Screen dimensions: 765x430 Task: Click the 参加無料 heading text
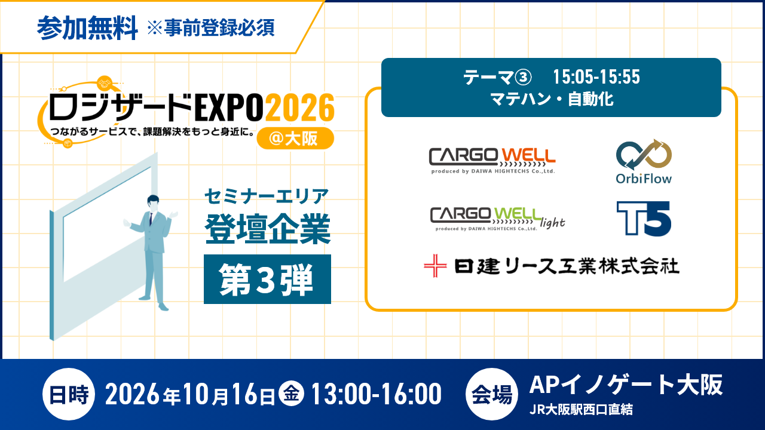87,27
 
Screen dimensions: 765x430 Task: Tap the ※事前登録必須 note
211,27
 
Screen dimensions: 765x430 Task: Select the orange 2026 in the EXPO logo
299,107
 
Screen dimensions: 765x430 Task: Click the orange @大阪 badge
295,138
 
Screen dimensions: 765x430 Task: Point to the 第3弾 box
267,279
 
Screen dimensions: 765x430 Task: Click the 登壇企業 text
267,229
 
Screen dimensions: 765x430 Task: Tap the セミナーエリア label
267,196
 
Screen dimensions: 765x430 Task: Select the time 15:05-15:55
596,77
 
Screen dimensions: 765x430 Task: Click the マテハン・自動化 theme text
552,99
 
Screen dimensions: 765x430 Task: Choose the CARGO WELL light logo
497,219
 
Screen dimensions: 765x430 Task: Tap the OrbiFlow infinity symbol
644,154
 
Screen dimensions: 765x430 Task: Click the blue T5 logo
644,219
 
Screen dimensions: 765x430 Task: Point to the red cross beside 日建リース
435,266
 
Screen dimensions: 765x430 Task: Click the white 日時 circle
69,394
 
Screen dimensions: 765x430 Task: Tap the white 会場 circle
492,394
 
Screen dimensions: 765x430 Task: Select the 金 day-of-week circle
291,394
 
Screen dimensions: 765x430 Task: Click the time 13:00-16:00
377,394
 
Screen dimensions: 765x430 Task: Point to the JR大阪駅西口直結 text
581,410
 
